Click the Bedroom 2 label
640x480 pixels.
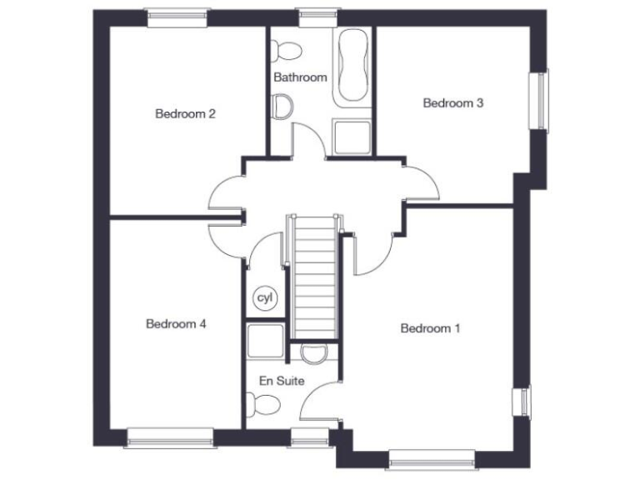pyautogui.click(x=186, y=114)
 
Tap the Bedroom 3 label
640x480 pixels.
pyautogui.click(x=453, y=103)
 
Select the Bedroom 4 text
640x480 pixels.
pyautogui.click(x=176, y=324)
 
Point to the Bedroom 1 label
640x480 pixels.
pyautogui.click(x=430, y=328)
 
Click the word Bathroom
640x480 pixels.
pyautogui.click(x=300, y=77)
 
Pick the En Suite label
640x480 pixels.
pyautogui.click(x=282, y=381)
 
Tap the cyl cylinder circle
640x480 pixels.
pyautogui.click(x=265, y=297)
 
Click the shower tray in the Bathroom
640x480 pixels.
pyautogui.click(x=351, y=137)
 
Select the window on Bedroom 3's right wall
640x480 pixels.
pyautogui.click(x=543, y=100)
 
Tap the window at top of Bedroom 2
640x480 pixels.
pyautogui.click(x=176, y=13)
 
